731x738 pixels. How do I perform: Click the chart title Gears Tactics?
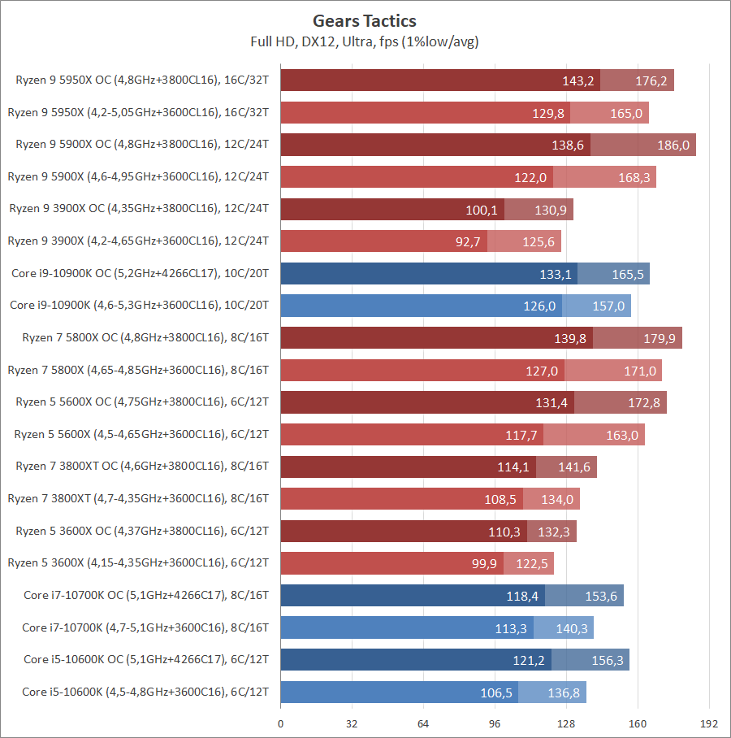coord(365,21)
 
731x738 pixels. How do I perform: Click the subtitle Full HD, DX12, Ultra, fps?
coord(365,41)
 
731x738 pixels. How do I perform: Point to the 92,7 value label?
coord(465,241)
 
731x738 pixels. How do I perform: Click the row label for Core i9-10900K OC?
coord(141,274)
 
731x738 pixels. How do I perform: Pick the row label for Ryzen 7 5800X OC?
coord(142,338)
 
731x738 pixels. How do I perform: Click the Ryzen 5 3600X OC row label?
coord(142,532)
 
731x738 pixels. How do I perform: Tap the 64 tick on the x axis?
coord(423,723)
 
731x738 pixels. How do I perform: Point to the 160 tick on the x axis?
coord(638,723)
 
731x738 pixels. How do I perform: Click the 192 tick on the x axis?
coord(709,723)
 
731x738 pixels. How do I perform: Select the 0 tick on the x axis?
coord(280,723)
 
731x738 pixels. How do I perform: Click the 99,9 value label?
coord(482,563)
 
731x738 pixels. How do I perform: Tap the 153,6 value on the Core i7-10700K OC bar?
coord(602,596)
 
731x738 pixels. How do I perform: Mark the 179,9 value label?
coord(660,338)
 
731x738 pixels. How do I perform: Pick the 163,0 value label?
coord(622,435)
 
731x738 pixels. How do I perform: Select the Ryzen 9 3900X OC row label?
coord(139,209)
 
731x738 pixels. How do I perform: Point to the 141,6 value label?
coord(575,467)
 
